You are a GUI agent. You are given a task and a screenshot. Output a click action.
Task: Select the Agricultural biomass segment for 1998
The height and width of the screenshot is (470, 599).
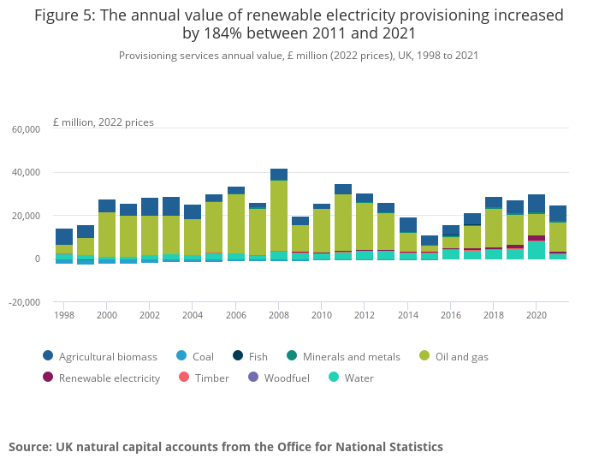64,236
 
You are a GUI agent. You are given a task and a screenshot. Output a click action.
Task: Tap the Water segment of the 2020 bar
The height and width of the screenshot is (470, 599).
537,249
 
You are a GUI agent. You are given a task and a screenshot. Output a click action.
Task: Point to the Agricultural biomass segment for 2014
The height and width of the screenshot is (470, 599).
408,225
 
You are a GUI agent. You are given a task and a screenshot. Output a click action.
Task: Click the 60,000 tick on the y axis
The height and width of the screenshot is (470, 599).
26,129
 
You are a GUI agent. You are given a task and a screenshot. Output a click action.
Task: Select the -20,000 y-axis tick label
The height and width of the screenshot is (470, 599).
25,302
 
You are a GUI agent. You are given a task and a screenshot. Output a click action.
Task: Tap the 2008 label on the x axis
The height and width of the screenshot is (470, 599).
279,315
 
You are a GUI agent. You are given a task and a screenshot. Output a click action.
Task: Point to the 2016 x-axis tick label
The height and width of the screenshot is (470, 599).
450,315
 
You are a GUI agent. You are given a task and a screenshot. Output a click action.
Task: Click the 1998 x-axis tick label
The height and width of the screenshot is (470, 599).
64,315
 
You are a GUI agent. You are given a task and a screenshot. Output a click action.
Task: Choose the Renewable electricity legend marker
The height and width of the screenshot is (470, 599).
48,378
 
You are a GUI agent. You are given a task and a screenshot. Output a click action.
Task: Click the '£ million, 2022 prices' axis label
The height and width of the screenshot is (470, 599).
103,122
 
